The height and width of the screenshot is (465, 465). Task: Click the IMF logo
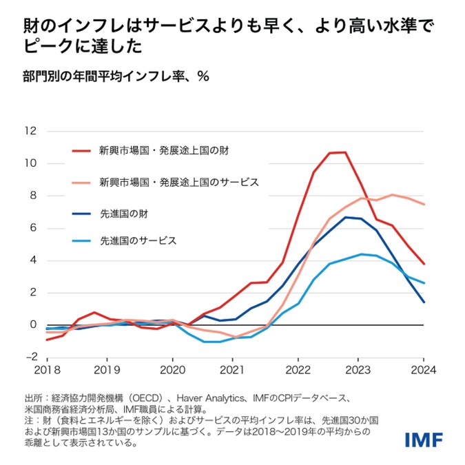tap(423, 438)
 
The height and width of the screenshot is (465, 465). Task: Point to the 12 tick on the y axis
tap(31, 131)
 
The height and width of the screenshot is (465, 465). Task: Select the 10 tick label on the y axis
tap(31, 163)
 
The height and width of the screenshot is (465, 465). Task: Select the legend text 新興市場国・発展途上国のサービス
tap(179, 183)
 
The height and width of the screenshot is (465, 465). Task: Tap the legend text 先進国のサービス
tap(138, 241)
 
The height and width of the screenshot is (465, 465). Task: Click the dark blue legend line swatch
tap(83, 214)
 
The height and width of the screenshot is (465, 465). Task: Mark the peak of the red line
tap(344, 152)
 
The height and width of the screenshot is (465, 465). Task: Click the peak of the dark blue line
tap(347, 217)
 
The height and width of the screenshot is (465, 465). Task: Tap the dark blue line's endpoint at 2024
tap(424, 302)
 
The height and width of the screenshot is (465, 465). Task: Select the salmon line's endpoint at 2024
tap(424, 205)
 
